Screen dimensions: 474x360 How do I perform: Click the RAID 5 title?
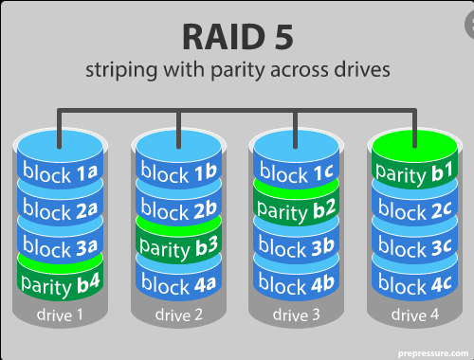coord(238,37)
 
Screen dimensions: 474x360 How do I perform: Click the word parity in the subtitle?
coord(238,70)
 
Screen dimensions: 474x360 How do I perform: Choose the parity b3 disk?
coord(178,244)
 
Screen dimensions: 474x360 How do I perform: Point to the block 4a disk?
coord(178,281)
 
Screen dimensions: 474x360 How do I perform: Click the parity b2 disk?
coord(296,207)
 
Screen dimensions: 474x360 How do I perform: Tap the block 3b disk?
coord(296,245)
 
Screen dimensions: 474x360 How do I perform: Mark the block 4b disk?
coord(296,281)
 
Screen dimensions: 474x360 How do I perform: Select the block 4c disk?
coord(414,281)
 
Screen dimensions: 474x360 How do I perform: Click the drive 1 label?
coord(60,315)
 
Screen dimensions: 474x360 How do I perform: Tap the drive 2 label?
coord(178,315)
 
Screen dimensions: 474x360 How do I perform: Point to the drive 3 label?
coord(296,315)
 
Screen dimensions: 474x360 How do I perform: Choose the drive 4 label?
coord(415,315)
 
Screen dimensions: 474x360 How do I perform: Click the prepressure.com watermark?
coord(433,353)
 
